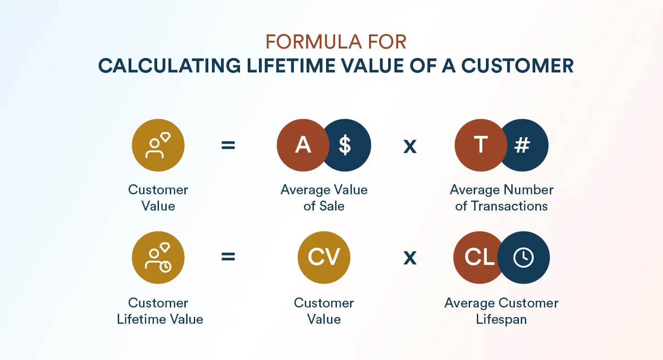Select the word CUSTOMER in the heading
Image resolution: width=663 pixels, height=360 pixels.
(518, 66)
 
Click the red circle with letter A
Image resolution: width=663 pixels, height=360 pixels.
(301, 145)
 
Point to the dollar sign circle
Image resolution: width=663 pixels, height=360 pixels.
(348, 145)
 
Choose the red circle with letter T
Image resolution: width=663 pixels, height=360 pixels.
(479, 145)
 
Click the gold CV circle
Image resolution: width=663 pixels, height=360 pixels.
(324, 258)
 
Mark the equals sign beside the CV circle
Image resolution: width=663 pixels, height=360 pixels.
(228, 257)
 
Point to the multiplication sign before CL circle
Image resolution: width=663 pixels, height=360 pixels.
(410, 258)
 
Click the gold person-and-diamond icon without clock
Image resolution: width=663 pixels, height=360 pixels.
(158, 145)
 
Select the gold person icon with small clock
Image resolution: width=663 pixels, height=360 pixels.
(158, 258)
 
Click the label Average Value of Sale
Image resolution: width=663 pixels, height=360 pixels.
(324, 198)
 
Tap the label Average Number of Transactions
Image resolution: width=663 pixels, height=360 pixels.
(501, 198)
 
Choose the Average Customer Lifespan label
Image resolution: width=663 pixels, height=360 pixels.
(501, 311)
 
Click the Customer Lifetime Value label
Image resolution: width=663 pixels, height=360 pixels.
(159, 311)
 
